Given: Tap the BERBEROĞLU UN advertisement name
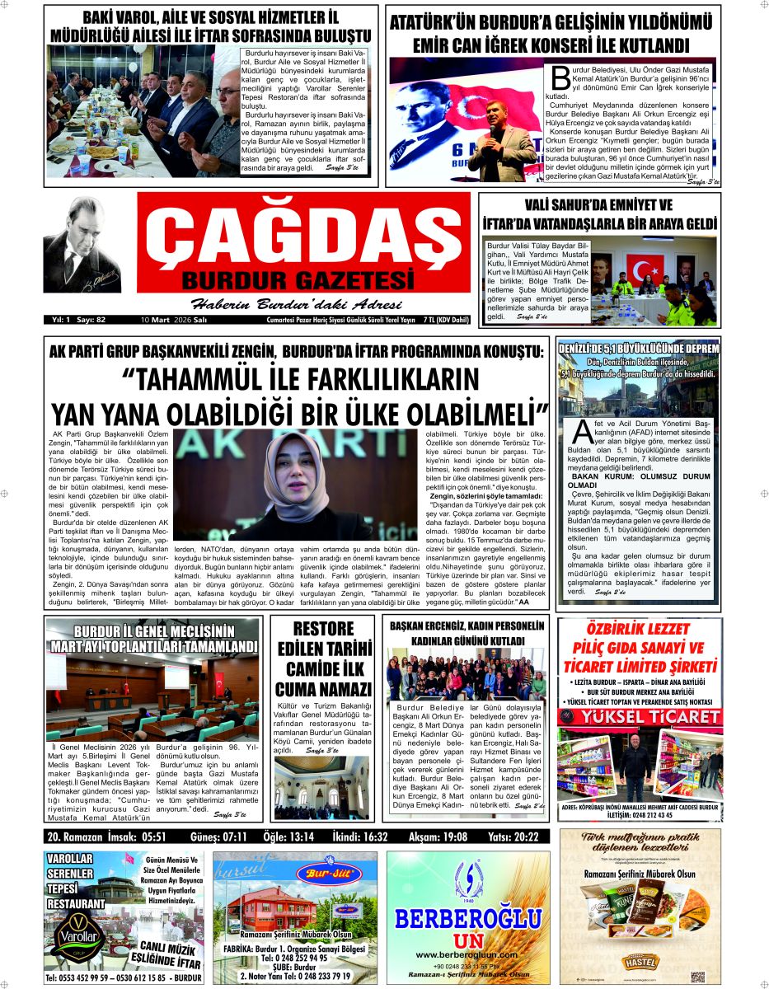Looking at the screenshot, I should click(467, 919).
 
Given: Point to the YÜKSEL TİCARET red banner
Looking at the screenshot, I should click(638, 717).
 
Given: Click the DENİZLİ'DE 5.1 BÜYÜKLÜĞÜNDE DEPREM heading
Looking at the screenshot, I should click(639, 347).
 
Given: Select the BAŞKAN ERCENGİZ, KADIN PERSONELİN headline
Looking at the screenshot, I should click(467, 626).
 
